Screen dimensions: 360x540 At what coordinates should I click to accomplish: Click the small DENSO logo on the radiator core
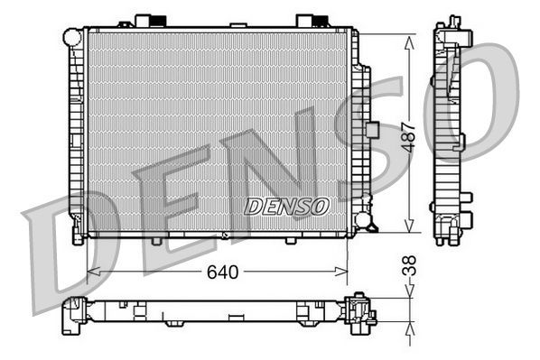coord(286,206)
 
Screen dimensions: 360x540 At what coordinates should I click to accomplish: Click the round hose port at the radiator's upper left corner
coord(72,37)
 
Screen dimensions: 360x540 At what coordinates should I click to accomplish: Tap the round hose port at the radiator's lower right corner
coord(362,219)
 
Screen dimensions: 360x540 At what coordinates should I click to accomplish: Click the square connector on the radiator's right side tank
coord(371,127)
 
